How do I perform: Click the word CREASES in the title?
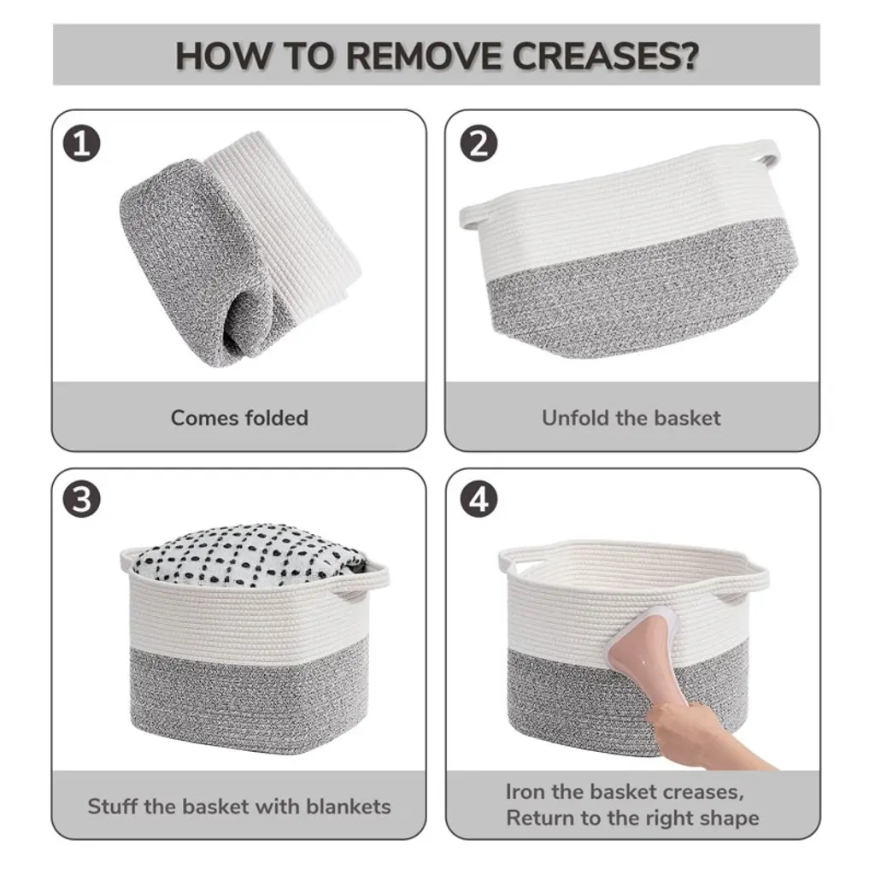[x=605, y=56]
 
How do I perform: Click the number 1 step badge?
[x=81, y=144]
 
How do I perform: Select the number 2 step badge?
[x=479, y=144]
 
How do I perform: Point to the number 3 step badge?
[x=81, y=499]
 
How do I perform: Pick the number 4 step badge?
[x=479, y=499]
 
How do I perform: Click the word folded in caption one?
[x=277, y=417]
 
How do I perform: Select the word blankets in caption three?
[x=349, y=807]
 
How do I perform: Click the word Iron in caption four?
[x=526, y=791]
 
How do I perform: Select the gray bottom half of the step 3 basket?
[x=249, y=697]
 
